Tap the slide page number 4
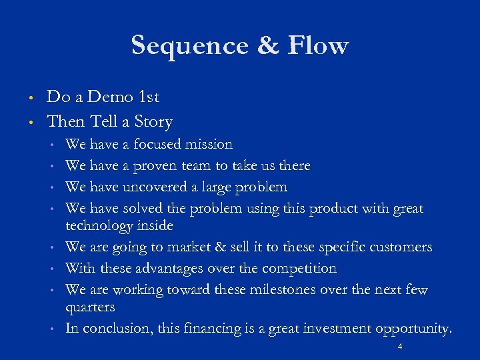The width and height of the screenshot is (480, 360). click(x=399, y=348)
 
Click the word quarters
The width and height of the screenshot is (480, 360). click(x=90, y=308)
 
